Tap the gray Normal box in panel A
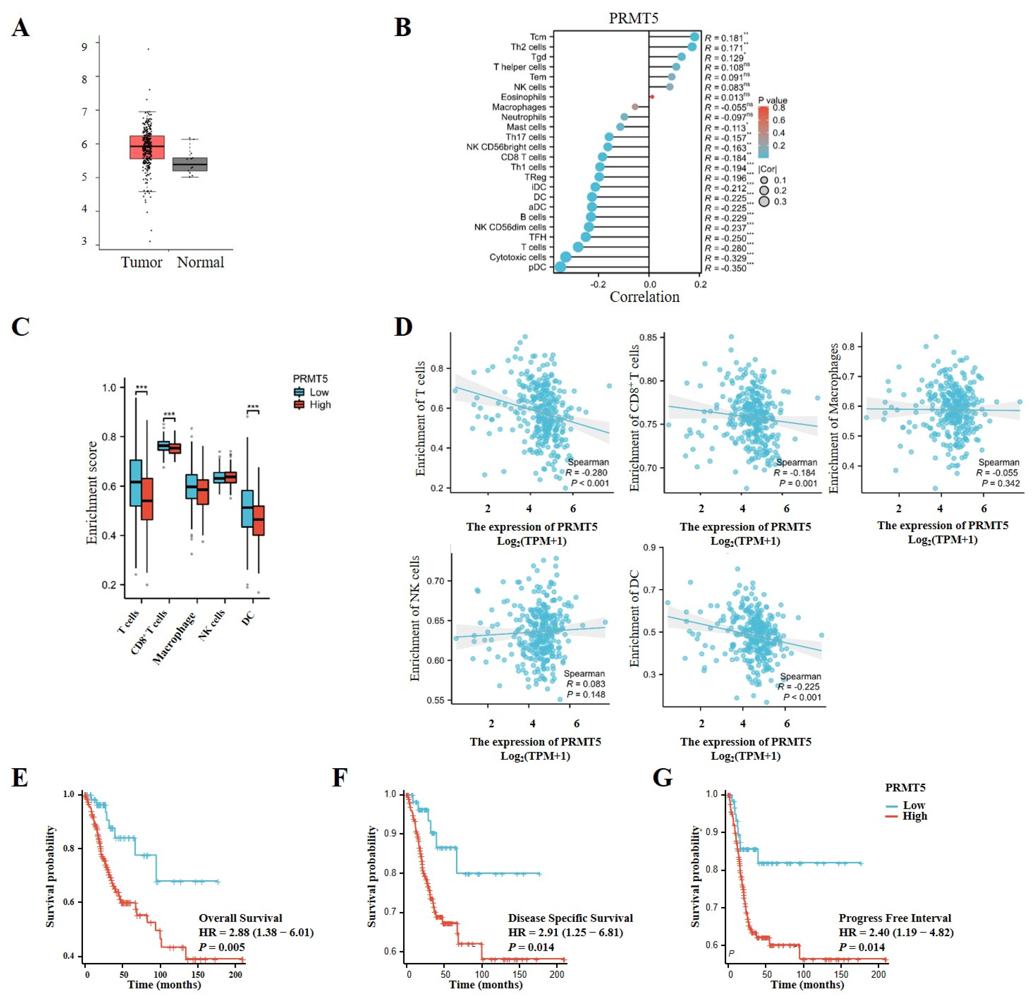tap(190, 164)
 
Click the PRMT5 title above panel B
tap(633, 18)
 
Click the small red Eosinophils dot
tap(652, 97)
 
